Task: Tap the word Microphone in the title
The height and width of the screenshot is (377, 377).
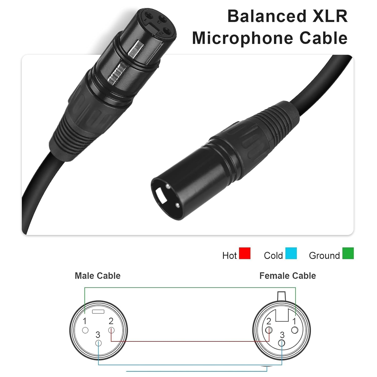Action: tap(243, 38)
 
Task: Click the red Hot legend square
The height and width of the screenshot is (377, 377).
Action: tap(245, 253)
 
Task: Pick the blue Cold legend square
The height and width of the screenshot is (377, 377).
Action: tap(291, 253)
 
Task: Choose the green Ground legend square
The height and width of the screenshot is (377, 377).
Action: tap(348, 253)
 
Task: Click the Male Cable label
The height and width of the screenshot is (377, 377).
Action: tap(98, 276)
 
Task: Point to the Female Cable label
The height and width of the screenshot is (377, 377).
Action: tap(288, 276)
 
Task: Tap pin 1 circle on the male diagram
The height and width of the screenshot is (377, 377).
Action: tap(85, 330)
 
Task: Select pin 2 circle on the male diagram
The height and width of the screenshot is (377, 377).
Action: tap(111, 330)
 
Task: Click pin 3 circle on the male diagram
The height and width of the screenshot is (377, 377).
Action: tap(98, 343)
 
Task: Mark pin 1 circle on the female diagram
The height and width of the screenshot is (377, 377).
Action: tap(295, 330)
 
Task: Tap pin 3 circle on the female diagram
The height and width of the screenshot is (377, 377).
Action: tap(282, 343)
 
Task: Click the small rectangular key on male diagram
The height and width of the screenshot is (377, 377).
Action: tap(98, 312)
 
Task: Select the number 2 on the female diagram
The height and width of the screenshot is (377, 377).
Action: tap(269, 321)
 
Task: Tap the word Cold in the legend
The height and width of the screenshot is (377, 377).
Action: tap(273, 256)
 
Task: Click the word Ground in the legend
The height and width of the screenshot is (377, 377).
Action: tap(324, 256)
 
